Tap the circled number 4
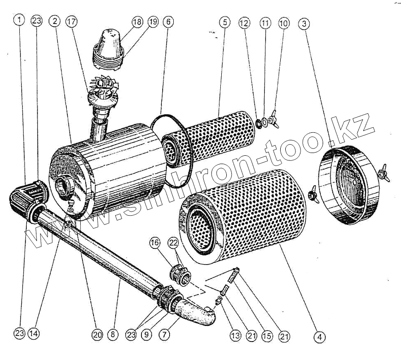(319, 337)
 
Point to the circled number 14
(33, 334)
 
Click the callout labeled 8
(112, 334)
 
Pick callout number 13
(236, 336)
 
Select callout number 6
(168, 22)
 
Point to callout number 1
(18, 20)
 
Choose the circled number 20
(96, 334)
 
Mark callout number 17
(71, 21)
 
